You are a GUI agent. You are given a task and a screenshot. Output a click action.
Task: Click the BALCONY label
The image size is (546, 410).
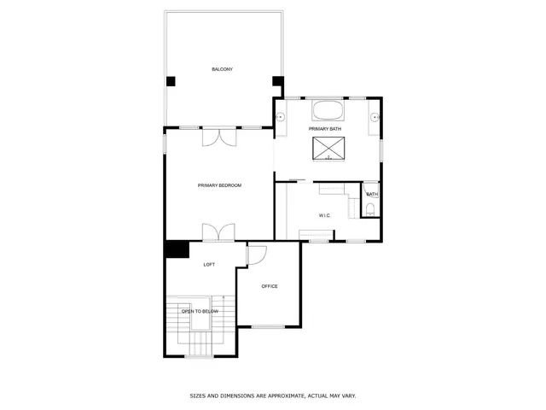click(x=223, y=69)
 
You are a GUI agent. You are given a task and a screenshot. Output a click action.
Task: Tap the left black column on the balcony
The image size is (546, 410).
click(x=171, y=81)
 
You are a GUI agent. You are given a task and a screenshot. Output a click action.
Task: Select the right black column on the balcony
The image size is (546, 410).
click(x=277, y=81)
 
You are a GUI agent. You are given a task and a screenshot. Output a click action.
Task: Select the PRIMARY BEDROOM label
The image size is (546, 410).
click(x=220, y=185)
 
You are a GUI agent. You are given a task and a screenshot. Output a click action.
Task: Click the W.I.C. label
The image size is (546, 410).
click(x=325, y=215)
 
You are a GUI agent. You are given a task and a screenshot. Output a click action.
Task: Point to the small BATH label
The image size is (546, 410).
click(x=372, y=195)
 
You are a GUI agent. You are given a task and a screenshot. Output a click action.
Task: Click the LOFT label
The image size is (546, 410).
click(x=209, y=265)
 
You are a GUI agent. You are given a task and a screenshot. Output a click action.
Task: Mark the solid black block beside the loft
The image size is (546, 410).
click(x=177, y=249)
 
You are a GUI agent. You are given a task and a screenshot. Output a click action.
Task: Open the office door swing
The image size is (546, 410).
click(x=256, y=255)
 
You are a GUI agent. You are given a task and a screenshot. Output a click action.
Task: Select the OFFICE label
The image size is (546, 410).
click(x=270, y=286)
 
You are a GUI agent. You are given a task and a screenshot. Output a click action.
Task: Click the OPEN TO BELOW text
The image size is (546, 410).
click(x=200, y=312)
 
